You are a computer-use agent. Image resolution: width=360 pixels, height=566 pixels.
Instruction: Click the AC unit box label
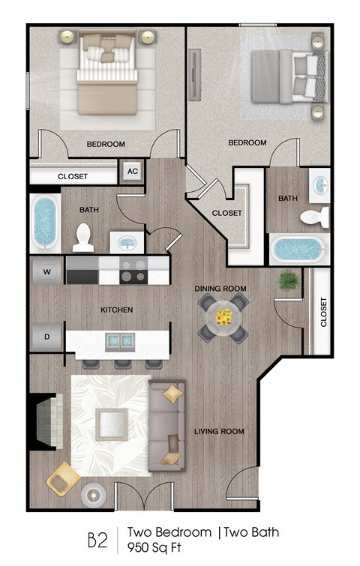point(133,172)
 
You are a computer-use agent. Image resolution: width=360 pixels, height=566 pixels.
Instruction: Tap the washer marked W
point(46,271)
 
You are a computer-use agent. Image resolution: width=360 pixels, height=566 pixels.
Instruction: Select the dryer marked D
point(46,337)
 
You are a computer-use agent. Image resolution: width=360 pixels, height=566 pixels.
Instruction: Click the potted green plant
point(288,283)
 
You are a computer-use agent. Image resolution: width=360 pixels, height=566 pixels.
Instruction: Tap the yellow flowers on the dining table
point(223,316)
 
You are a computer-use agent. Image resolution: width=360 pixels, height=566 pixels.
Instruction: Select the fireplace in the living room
point(43,422)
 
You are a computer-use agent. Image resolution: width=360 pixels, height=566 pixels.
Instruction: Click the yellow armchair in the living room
point(64,478)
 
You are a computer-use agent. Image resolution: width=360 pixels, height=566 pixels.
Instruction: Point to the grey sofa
point(165,427)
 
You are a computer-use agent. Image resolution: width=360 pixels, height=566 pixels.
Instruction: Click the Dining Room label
point(220,289)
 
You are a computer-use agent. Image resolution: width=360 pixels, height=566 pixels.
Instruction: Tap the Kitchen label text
point(117,310)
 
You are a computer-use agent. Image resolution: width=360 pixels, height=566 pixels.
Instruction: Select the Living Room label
point(219,431)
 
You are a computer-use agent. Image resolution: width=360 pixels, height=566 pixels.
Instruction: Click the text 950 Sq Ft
point(151,546)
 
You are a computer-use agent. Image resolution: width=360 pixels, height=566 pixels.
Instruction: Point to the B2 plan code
point(98,539)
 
